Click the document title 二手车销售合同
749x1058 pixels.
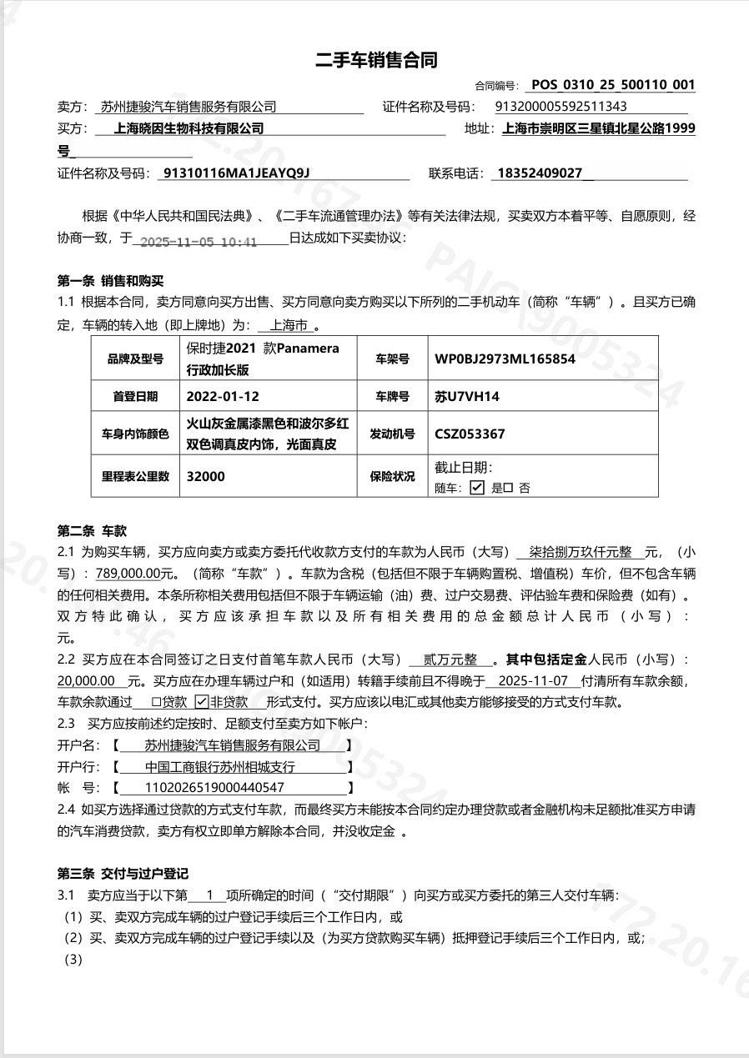click(376, 60)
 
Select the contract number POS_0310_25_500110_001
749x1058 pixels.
click(613, 84)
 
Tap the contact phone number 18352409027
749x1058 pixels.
click(539, 173)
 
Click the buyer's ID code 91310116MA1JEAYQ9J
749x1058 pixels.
click(236, 173)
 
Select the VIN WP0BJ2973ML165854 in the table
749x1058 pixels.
click(505, 359)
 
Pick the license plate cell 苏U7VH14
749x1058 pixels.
click(467, 396)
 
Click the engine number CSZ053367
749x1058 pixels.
click(470, 434)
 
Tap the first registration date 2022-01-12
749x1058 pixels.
click(217, 396)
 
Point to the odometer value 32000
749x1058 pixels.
click(206, 476)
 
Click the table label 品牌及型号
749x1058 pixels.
click(135, 359)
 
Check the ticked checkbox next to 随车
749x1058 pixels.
click(477, 488)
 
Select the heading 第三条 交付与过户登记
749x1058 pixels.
click(123, 874)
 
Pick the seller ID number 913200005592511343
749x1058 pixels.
click(561, 106)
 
